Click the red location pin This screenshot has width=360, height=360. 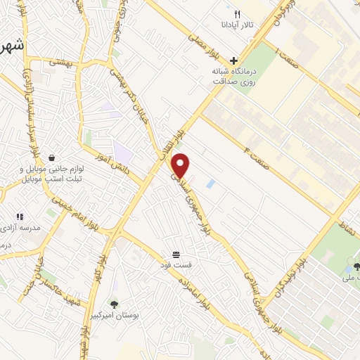click(181, 166)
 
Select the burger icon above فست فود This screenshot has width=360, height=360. click(175, 254)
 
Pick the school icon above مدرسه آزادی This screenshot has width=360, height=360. click(20, 217)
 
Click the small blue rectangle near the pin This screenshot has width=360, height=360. click(211, 184)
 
